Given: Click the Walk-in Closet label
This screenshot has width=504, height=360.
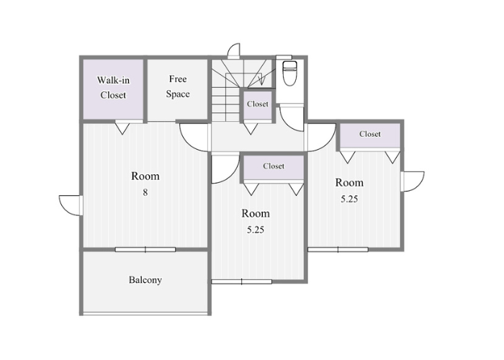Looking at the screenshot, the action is click(114, 87).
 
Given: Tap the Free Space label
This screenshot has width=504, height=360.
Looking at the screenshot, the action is click(178, 86).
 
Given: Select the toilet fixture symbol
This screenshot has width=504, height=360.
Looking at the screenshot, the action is click(289, 73).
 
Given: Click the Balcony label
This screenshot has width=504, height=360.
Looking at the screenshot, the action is click(145, 280).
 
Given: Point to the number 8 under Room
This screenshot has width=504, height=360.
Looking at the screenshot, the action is click(145, 192).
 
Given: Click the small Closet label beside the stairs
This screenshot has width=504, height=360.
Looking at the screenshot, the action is click(258, 104).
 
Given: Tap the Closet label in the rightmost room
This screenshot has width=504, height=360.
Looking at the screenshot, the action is click(370, 134).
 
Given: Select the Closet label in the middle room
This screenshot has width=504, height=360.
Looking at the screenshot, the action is click(274, 166).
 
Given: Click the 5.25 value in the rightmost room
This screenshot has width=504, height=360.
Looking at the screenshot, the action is click(349, 199).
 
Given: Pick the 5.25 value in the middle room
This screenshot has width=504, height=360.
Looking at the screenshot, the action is click(256, 230).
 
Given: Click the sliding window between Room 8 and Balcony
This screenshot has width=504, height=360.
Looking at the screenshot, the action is click(145, 249).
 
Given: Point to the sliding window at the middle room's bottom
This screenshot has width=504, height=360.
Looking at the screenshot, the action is click(242, 282).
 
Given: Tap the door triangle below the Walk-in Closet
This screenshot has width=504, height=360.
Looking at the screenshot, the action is click(122, 128).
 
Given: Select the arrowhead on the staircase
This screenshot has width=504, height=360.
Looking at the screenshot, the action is click(261, 81).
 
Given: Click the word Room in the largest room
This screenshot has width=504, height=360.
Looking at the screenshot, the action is click(145, 176).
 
